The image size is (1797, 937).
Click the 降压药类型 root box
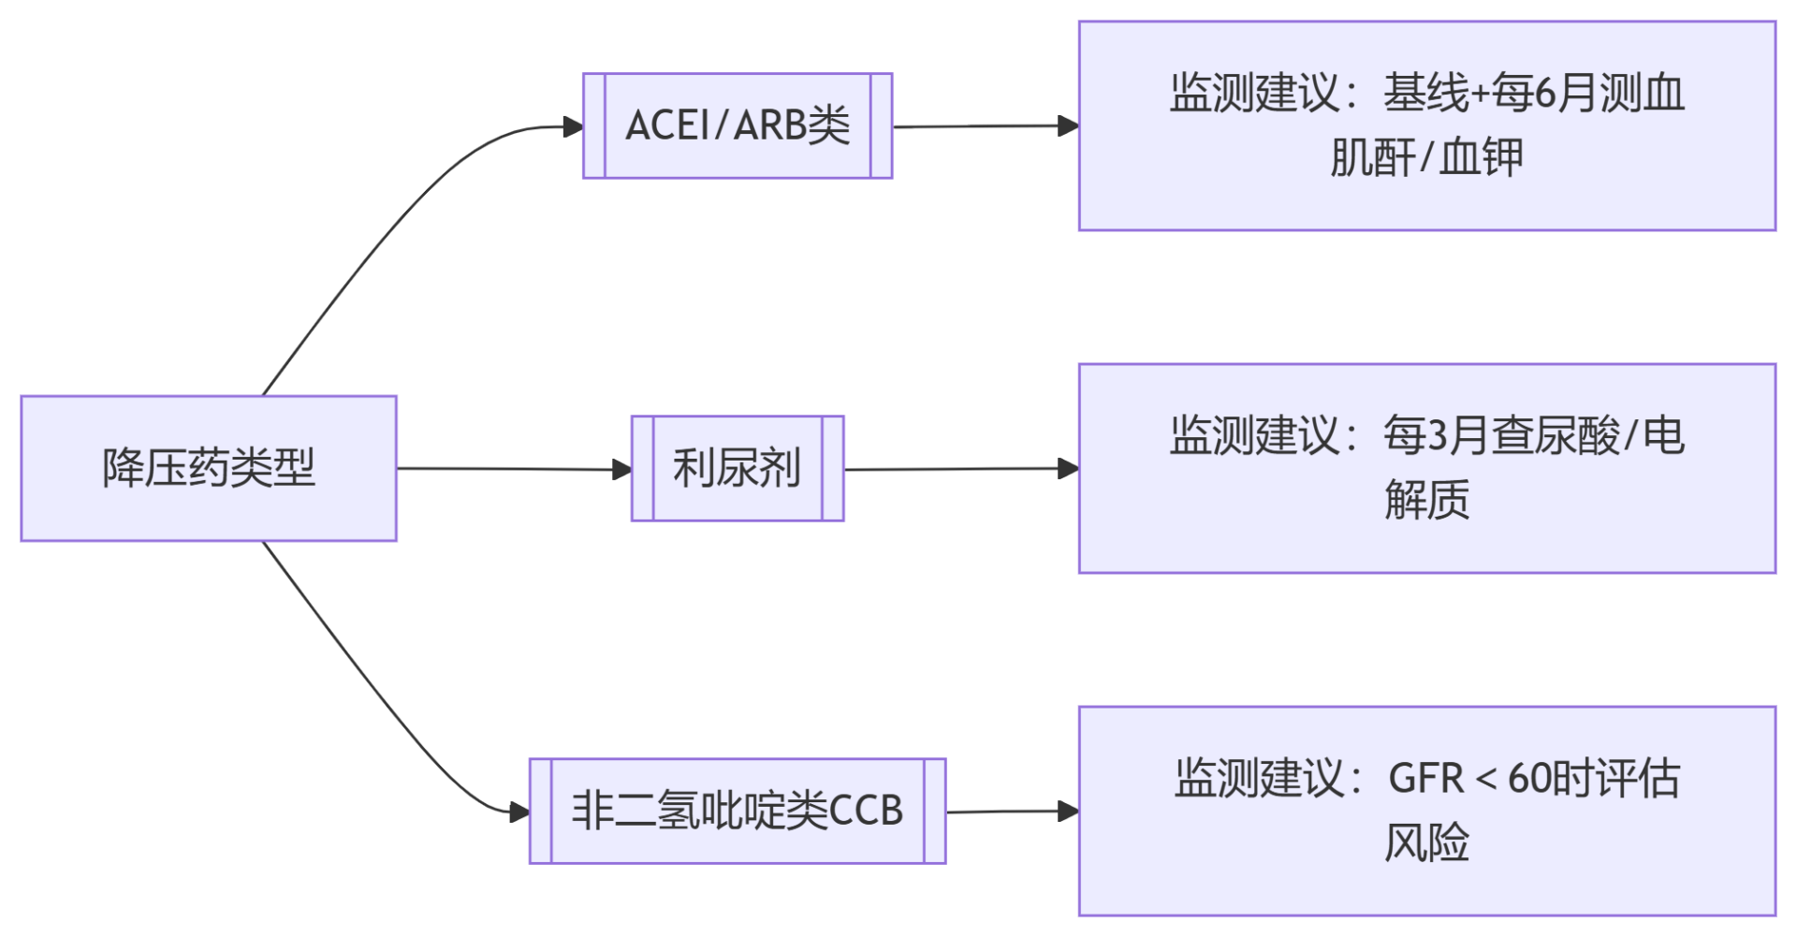pyautogui.click(x=209, y=468)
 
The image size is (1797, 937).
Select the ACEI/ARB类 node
pyautogui.click(x=738, y=125)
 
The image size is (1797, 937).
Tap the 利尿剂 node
pyautogui.click(x=738, y=468)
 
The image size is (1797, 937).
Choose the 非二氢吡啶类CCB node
pyautogui.click(x=738, y=811)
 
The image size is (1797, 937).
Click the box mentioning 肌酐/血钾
pyautogui.click(x=1426, y=125)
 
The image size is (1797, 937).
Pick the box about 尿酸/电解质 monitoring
pyautogui.click(x=1426, y=468)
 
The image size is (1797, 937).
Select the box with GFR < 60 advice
pyautogui.click(x=1426, y=811)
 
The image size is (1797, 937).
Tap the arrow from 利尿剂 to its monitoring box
pyautogui.click(x=960, y=469)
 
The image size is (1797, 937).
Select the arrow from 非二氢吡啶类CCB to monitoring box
pyautogui.click(x=1011, y=812)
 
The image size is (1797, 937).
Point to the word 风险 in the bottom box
pyautogui.click(x=1426, y=842)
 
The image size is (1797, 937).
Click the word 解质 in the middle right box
pyautogui.click(x=1426, y=500)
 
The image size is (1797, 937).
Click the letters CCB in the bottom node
pyautogui.click(x=866, y=811)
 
